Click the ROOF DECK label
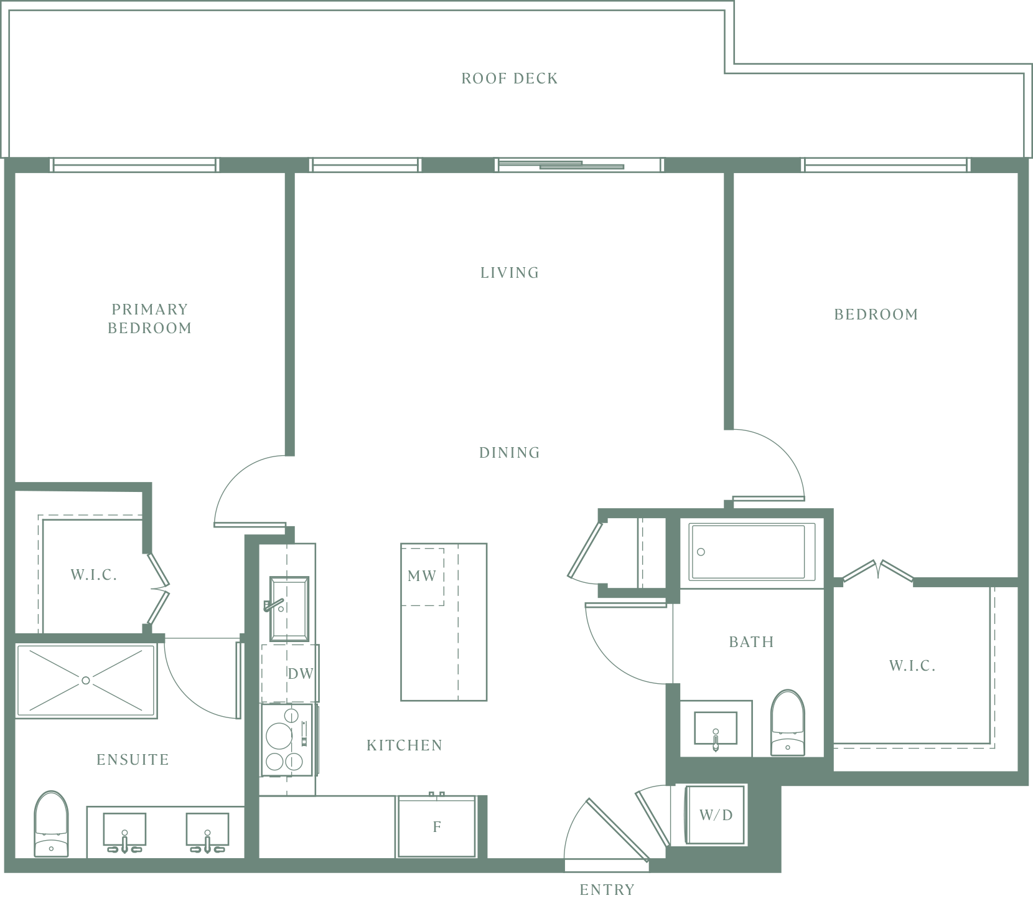coord(510,78)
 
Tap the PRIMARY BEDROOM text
coord(149,318)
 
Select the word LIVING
coord(510,272)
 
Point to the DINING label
coord(510,453)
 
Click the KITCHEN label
coord(404,745)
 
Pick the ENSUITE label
coord(133,759)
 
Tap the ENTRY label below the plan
coord(607,890)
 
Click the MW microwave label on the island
coord(422,576)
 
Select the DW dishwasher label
coord(301,673)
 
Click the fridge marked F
coord(437,826)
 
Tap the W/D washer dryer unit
coord(716,815)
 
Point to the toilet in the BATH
coord(788,722)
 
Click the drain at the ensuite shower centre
coord(86,681)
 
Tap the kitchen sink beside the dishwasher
coord(289,608)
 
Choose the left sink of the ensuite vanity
coord(124,832)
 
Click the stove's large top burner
coord(279,737)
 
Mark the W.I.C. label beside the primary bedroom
coord(94,575)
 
